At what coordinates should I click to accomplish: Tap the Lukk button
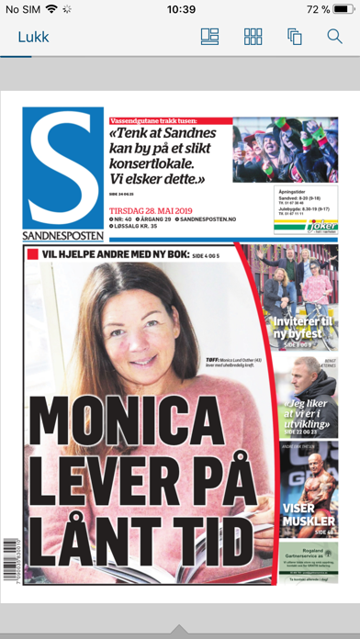click(33, 38)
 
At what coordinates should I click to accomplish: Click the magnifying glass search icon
click(334, 38)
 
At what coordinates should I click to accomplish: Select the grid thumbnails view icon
click(253, 38)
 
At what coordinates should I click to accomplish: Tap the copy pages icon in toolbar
click(294, 38)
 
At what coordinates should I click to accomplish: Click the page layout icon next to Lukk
click(210, 38)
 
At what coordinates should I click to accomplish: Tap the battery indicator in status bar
click(343, 9)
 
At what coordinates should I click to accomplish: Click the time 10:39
click(182, 9)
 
